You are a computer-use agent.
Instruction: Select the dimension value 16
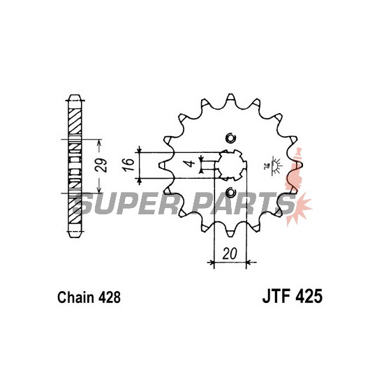pyautogui.click(x=128, y=164)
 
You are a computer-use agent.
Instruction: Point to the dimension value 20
pyautogui.click(x=230, y=253)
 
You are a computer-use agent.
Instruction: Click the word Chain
pyautogui.click(x=75, y=297)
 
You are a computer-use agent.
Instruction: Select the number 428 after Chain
pyautogui.click(x=110, y=297)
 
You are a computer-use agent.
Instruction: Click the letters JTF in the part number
pyautogui.click(x=277, y=296)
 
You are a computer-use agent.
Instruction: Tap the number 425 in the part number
pyautogui.click(x=309, y=296)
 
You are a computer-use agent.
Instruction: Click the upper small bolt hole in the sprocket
pyautogui.click(x=230, y=138)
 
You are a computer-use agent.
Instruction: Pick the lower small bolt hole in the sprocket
pyautogui.click(x=230, y=193)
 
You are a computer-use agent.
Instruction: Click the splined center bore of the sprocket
pyautogui.click(x=230, y=165)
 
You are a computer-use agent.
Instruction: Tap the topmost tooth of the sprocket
pyautogui.click(x=230, y=97)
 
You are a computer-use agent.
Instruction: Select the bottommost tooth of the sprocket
pyautogui.click(x=230, y=233)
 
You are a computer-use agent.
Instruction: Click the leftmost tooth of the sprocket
pyautogui.click(x=162, y=165)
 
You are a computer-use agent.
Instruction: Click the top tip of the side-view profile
pyautogui.click(x=75, y=95)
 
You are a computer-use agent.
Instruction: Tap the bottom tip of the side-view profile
pyautogui.click(x=75, y=237)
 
